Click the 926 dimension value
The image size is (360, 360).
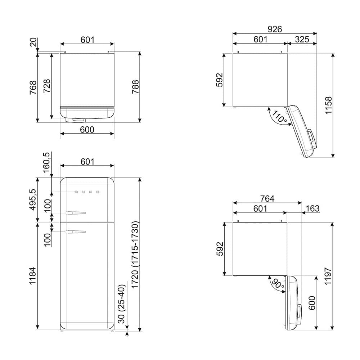point(275,29)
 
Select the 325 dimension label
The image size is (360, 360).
point(302,39)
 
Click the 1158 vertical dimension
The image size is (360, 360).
point(329,105)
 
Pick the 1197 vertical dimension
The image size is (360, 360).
point(328,276)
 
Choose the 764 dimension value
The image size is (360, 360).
point(267,198)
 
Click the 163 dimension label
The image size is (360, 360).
point(312,208)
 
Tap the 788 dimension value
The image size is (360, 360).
point(135,87)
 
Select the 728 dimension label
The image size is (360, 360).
point(47,86)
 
